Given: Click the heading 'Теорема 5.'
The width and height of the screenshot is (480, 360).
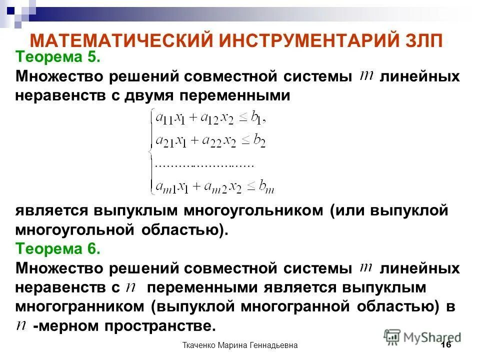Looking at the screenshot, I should pyautogui.click(x=58, y=57).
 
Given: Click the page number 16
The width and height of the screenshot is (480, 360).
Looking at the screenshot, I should pyautogui.click(x=446, y=345).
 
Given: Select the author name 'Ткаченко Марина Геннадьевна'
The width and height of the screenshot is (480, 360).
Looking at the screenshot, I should pyautogui.click(x=240, y=345).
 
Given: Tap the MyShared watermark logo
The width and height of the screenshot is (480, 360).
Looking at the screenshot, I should pyautogui.click(x=422, y=336).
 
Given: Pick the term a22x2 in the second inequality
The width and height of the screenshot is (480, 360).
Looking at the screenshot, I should pyautogui.click(x=220, y=141).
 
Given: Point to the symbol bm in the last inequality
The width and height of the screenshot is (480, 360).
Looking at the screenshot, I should pyautogui.click(x=266, y=187).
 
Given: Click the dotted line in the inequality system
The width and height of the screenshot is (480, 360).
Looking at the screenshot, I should pyautogui.click(x=205, y=164).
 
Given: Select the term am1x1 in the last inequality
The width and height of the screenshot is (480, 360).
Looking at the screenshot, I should pyautogui.click(x=173, y=187).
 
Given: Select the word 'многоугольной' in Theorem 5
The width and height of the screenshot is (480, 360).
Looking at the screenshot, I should pyautogui.click(x=74, y=229).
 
